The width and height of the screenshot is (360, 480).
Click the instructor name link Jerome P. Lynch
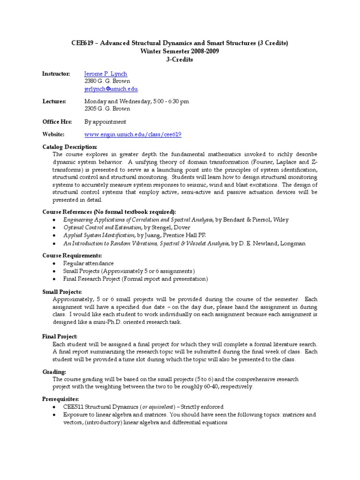(x=105, y=74)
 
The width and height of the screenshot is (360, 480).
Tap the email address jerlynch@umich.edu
(x=111, y=89)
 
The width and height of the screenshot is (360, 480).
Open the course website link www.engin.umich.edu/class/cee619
(x=133, y=135)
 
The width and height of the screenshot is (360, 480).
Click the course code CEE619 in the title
(x=81, y=43)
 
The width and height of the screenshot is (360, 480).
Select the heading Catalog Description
(x=70, y=147)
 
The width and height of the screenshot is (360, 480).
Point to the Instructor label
(x=56, y=74)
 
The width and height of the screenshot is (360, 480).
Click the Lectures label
(x=54, y=101)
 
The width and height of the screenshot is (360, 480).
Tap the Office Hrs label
(x=57, y=121)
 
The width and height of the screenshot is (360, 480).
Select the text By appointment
(x=105, y=121)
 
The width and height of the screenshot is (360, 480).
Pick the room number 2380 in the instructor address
(x=91, y=81)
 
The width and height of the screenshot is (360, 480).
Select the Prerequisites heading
(x=60, y=399)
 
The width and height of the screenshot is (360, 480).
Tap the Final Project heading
(x=60, y=336)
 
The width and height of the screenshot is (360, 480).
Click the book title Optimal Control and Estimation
(x=104, y=227)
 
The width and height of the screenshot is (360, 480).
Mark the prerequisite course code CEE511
(x=74, y=407)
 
